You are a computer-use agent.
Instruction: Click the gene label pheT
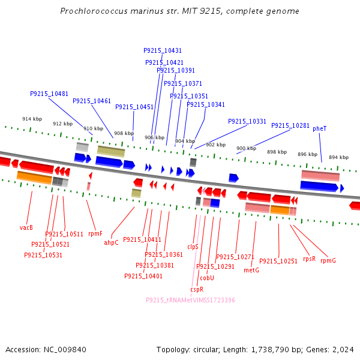(x=319, y=128)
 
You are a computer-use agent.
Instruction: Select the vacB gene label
(x=26, y=227)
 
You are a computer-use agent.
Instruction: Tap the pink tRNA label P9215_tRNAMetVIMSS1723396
(x=190, y=300)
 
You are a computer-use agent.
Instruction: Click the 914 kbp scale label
(x=32, y=119)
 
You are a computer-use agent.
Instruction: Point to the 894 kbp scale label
(x=338, y=157)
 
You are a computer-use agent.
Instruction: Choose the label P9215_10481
(x=49, y=94)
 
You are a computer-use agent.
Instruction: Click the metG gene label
(x=251, y=270)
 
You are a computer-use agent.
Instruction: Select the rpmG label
(x=328, y=260)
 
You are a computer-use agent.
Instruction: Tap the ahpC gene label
(x=111, y=242)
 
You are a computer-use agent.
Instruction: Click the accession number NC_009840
(x=65, y=350)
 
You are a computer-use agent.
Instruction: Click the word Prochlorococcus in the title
(x=94, y=11)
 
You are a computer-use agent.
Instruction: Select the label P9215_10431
(x=163, y=50)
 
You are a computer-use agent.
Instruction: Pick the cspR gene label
(x=197, y=289)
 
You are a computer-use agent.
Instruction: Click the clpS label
(x=193, y=247)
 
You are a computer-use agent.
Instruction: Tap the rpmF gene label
(x=95, y=234)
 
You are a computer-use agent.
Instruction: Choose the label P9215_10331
(x=247, y=121)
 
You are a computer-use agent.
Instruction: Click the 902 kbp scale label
(x=216, y=145)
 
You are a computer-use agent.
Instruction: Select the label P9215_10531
(x=43, y=255)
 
